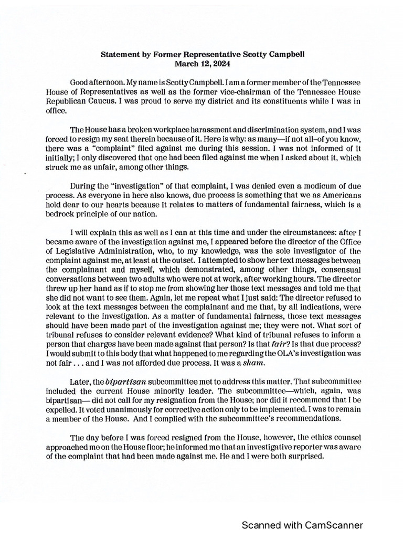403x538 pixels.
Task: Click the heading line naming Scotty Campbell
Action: [x=202, y=54]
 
